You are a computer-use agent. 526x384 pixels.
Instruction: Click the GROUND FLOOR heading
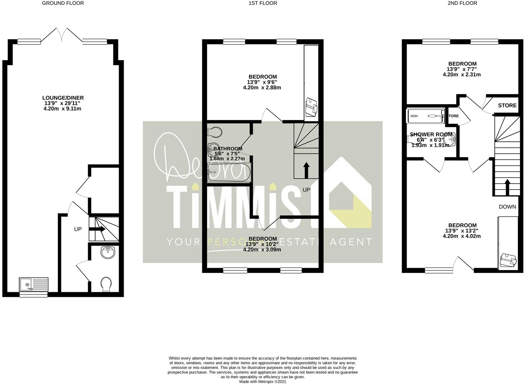[x=63, y=3]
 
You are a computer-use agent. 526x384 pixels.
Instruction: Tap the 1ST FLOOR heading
[x=263, y=3]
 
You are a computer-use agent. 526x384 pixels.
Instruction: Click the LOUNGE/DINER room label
[x=63, y=98]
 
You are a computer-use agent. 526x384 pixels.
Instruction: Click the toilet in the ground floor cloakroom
[x=106, y=284]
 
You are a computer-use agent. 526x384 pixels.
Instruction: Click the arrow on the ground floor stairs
[x=97, y=229]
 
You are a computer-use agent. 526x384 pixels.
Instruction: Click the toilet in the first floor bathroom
[x=215, y=132]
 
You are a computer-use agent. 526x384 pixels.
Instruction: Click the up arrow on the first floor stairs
[x=306, y=170]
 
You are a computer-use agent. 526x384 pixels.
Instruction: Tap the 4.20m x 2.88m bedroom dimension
[x=262, y=87]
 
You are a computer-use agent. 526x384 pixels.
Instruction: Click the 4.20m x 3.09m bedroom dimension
[x=262, y=250]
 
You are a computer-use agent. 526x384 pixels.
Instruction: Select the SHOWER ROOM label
[x=431, y=134]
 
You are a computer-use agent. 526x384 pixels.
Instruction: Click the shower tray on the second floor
[x=426, y=116]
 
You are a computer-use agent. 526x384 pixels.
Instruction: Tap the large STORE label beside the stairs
[x=507, y=105]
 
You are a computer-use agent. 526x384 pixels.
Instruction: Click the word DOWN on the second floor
[x=507, y=207]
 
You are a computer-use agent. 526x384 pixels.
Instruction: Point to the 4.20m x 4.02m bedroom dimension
[x=462, y=236]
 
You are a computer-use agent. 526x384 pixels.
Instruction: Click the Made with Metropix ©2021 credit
[x=263, y=382]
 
